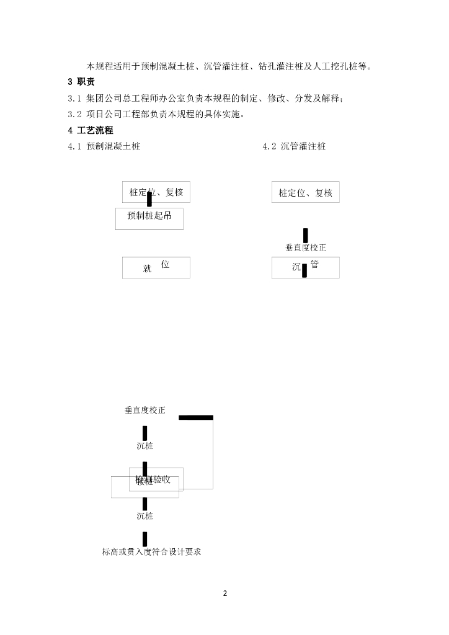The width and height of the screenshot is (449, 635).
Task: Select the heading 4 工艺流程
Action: [90, 130]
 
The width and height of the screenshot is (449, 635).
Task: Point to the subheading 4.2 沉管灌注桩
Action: [294, 147]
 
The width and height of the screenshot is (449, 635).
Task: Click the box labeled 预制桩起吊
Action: [149, 218]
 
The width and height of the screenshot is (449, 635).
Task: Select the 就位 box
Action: [156, 267]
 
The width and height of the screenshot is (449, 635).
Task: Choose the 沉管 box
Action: [305, 267]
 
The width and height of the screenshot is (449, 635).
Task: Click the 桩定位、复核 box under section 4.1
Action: [156, 192]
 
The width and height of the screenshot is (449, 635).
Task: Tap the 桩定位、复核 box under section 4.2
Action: [305, 193]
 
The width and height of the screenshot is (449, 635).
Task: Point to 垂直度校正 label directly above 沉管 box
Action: [305, 247]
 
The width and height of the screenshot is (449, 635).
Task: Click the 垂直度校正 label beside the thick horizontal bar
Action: [145, 411]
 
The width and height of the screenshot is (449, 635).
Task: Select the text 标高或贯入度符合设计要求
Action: [152, 552]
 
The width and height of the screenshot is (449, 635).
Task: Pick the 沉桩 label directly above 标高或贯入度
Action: [144, 516]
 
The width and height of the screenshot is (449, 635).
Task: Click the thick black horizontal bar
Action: [196, 417]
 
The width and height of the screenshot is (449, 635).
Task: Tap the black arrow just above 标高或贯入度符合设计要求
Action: [144, 538]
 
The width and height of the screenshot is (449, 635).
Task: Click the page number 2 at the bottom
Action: [225, 593]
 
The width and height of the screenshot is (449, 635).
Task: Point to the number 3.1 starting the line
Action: [74, 99]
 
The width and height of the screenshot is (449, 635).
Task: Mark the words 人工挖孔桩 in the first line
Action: [340, 66]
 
